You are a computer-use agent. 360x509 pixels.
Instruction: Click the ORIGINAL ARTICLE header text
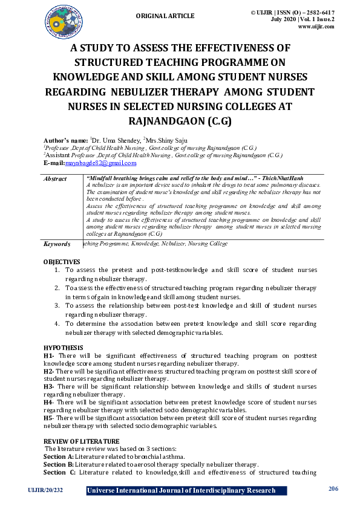point(165,16)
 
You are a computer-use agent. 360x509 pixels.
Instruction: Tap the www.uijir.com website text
point(317,26)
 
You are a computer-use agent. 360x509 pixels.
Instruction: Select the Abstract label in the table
point(56,179)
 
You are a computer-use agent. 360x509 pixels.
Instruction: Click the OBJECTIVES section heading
point(62,262)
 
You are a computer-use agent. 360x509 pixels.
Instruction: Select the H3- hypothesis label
point(49,386)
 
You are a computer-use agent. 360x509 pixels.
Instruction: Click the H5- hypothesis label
point(49,418)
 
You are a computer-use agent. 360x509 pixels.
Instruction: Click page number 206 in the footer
point(333,489)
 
